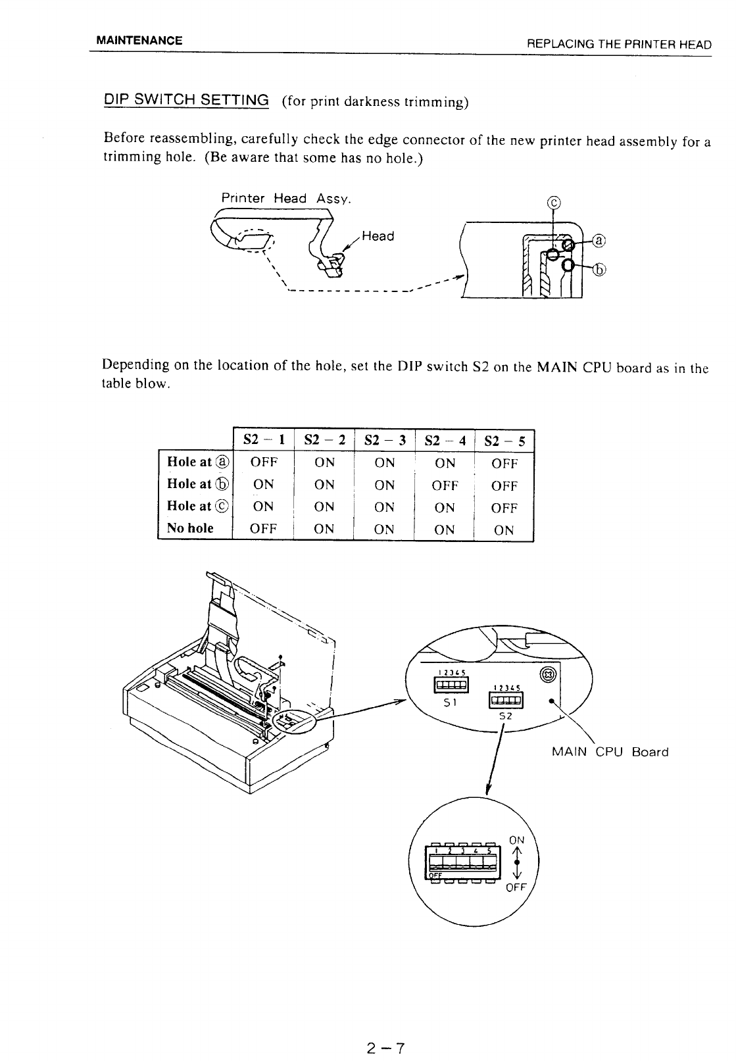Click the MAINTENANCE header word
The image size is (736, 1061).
[139, 40]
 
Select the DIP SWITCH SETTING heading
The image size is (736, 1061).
[187, 101]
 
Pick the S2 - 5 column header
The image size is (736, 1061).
[504, 441]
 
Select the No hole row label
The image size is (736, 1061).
[190, 528]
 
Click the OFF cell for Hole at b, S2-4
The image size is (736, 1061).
[445, 485]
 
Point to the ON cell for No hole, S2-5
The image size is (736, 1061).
[504, 530]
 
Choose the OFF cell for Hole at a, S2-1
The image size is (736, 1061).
[264, 462]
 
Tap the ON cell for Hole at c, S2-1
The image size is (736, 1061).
[263, 507]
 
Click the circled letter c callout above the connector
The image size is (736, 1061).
[554, 202]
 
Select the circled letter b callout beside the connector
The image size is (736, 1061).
[598, 268]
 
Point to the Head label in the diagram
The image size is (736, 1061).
[378, 236]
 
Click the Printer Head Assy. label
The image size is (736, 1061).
[286, 198]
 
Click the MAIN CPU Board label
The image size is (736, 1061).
[610, 752]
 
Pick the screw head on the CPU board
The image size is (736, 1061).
[549, 674]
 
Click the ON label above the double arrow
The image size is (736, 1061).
[517, 840]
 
